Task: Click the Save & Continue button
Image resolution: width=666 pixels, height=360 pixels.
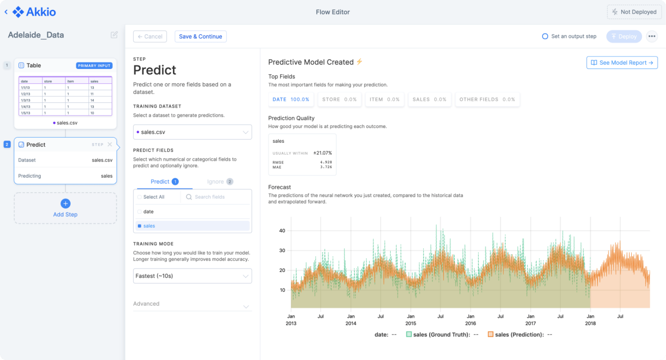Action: tap(200, 36)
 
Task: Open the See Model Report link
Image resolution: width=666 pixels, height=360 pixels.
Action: tap(622, 62)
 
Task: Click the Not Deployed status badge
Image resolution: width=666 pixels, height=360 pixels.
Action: tap(634, 12)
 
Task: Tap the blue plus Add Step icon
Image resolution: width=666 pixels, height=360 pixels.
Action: tap(65, 203)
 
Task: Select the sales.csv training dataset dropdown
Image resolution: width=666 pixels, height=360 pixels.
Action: tap(192, 132)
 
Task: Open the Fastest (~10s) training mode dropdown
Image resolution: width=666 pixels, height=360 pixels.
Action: tap(192, 276)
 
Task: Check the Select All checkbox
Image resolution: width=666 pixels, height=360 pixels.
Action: tap(140, 197)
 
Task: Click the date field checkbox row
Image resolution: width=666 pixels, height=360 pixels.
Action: tap(140, 212)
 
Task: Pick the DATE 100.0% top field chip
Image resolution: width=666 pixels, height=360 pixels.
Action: tap(291, 99)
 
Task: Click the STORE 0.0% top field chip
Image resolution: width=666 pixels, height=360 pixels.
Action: tap(339, 99)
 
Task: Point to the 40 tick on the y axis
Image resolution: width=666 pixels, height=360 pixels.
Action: tap(282, 231)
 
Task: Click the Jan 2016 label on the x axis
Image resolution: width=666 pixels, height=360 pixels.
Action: tap(470, 320)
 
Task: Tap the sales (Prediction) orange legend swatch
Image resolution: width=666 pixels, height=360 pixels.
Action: tap(490, 334)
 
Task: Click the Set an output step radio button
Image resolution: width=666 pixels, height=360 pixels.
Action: tap(545, 36)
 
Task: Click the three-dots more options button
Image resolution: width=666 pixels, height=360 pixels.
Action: tap(652, 36)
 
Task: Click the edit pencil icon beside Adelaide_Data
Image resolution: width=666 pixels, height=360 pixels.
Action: tap(114, 35)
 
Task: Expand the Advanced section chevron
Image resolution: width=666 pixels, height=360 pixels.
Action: tap(246, 306)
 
